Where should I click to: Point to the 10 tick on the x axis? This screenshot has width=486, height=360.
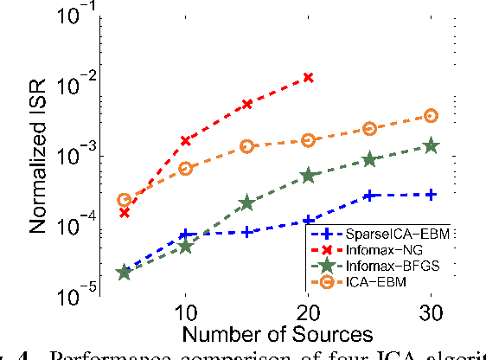[x=185, y=312]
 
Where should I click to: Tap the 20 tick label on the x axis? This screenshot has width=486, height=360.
[x=308, y=312]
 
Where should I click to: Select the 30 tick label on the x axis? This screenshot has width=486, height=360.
[x=431, y=312]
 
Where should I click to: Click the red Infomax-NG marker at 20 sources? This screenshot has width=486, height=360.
[x=308, y=78]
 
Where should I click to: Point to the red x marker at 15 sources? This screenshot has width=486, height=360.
[x=246, y=104]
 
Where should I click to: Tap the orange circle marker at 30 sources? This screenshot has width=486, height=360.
[x=431, y=116]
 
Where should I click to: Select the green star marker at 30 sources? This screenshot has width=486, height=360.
[x=431, y=146]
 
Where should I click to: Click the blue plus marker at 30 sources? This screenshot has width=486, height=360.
[x=431, y=195]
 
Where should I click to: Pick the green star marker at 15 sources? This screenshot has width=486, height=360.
[x=246, y=202]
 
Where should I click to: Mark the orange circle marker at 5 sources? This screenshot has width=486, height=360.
[x=124, y=200]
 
